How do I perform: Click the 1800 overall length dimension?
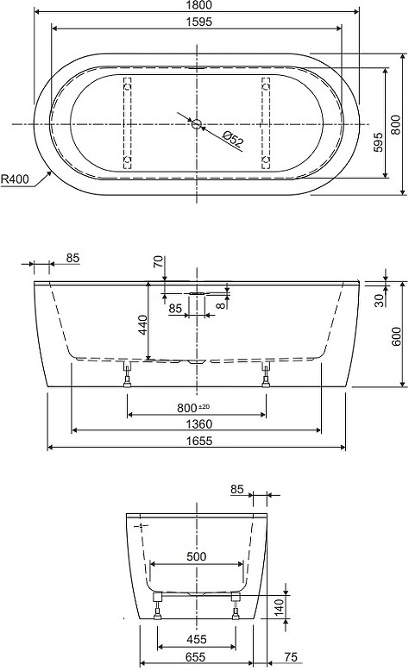(199, 5)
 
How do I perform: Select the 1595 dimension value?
(199, 22)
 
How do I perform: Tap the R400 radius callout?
(15, 179)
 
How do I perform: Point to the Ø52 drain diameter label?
(234, 140)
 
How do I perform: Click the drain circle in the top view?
(197, 124)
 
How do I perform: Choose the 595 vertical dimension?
(378, 142)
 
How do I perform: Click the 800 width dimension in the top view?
(396, 124)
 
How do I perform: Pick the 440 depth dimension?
(142, 325)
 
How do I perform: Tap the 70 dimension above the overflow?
(159, 261)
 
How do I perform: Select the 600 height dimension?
(397, 335)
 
